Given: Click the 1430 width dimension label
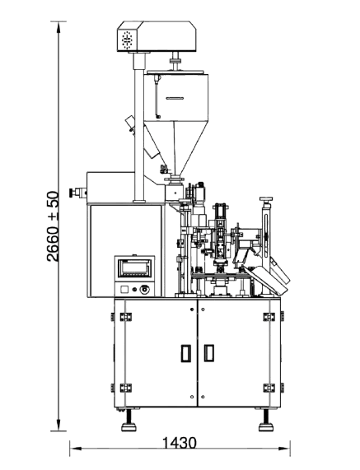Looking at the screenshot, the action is point(180,443).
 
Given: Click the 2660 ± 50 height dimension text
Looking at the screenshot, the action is point(53,226).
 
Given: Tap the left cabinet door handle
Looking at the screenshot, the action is point(185,353).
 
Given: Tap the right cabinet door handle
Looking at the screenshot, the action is point(209,353).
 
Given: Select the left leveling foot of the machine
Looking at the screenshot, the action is point(129,421).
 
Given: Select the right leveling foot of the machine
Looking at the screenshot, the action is point(266,421).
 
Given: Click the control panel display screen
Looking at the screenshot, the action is point(135,268).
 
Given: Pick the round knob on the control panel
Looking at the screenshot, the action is point(146,289).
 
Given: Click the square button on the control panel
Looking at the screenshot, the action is point(124,290).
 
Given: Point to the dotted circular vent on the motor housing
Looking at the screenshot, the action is point(127,40).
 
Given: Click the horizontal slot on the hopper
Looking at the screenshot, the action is point(175,98).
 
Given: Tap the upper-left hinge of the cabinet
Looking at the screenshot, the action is point(126,317).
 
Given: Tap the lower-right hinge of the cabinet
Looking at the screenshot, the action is point(269,388).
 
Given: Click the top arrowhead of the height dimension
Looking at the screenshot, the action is point(58,26).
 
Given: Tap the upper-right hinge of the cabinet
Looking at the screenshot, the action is point(269,317).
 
